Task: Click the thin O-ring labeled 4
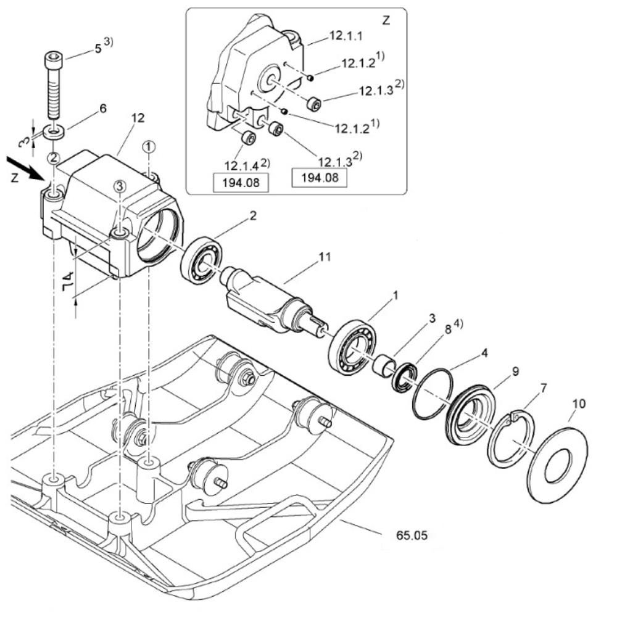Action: tap(433, 394)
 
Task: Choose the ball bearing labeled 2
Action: tap(202, 259)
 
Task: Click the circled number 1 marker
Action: tap(149, 147)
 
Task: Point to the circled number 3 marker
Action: tap(120, 186)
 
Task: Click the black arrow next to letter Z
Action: tap(25, 168)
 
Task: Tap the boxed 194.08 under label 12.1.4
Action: tap(241, 183)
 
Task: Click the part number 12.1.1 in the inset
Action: tap(346, 36)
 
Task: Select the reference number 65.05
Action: tap(412, 536)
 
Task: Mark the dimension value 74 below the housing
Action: tap(68, 280)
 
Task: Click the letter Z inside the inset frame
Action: tap(386, 20)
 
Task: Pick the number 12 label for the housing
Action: tap(138, 118)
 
